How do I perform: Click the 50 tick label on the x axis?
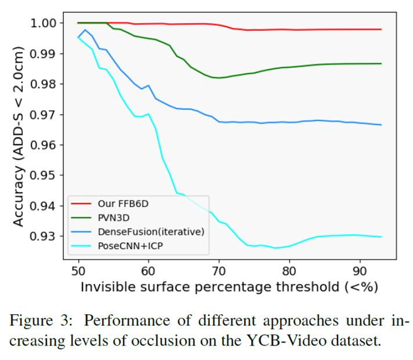pyautogui.click(x=78, y=270)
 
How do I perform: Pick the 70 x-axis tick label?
pyautogui.click(x=219, y=270)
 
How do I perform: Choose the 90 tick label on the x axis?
pyautogui.click(x=360, y=270)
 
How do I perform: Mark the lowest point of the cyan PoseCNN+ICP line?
pyautogui.click(x=275, y=248)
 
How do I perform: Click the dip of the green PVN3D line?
pyautogui.click(x=219, y=78)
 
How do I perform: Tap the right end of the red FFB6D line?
pyautogui.click(x=381, y=29)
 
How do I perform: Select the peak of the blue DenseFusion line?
pyautogui.click(x=85, y=30)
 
